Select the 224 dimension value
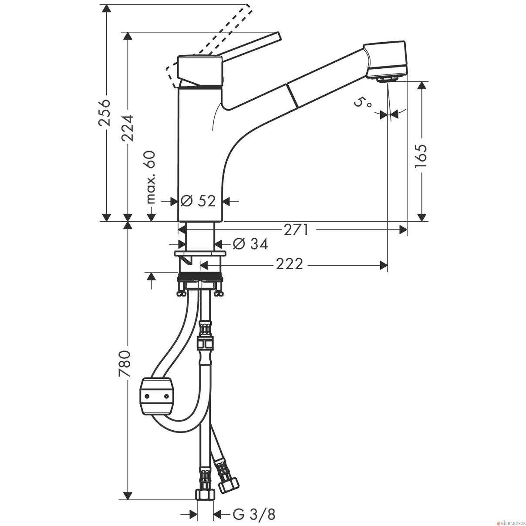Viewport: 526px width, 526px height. (128, 128)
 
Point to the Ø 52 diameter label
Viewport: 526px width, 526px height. (198, 201)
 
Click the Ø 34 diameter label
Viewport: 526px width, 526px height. (250, 244)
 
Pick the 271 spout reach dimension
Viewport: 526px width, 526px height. (296, 229)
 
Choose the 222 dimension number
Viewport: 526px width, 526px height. (289, 264)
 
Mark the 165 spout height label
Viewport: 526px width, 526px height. (421, 156)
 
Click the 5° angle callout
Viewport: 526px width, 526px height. (362, 104)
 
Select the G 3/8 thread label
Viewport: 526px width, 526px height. (254, 507)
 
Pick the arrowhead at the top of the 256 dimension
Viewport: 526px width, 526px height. (106, 8)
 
